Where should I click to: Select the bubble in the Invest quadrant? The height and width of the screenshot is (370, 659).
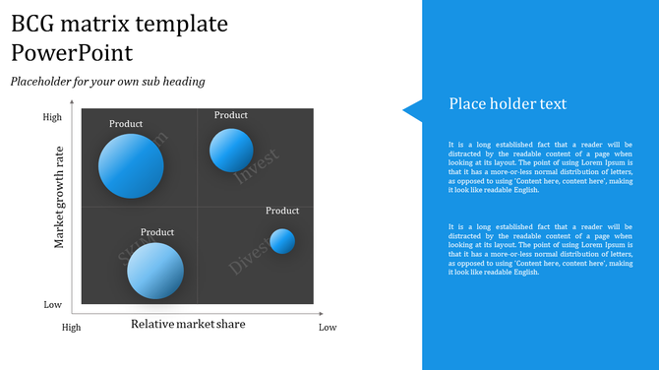[231, 150]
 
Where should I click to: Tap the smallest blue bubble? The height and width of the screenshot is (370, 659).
[282, 241]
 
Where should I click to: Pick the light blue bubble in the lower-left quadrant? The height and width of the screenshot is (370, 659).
[155, 270]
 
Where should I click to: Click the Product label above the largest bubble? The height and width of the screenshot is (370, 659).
[126, 124]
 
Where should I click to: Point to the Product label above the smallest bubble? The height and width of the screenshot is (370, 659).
[282, 211]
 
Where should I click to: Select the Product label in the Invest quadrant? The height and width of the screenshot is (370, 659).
[231, 115]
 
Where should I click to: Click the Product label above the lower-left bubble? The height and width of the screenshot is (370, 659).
[157, 232]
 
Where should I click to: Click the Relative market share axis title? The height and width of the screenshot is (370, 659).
[188, 324]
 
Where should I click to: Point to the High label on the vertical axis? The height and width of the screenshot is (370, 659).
[52, 117]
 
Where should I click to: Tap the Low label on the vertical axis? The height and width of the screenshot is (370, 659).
[52, 305]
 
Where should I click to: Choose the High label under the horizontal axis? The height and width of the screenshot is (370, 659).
[72, 327]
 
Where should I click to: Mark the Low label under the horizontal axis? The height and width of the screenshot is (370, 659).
[328, 327]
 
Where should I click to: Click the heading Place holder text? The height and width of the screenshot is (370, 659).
[508, 104]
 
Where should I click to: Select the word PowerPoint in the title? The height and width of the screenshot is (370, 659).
[72, 52]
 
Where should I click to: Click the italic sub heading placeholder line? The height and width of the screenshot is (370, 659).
[107, 82]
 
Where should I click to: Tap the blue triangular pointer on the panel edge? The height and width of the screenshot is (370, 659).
[412, 110]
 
